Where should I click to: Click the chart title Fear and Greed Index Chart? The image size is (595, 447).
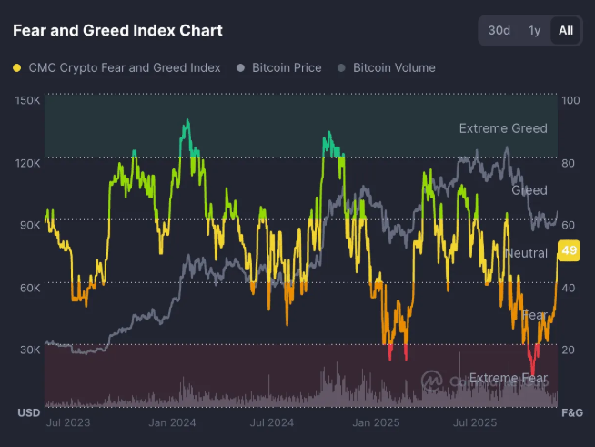[x=117, y=30]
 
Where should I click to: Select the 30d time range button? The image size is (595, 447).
[x=499, y=30]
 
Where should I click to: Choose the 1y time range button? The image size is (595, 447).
[x=534, y=30]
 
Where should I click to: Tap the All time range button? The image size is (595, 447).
[x=565, y=30]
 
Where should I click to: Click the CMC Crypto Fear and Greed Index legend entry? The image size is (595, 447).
[x=116, y=67]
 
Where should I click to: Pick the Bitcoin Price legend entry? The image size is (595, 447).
[x=281, y=67]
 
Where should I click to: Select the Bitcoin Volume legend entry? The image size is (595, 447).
[x=386, y=67]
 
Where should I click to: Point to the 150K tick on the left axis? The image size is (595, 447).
[x=28, y=100]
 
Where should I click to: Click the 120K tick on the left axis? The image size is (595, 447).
[x=28, y=163]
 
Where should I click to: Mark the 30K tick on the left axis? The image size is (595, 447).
[x=30, y=350]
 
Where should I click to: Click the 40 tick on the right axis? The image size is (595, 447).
[x=570, y=288]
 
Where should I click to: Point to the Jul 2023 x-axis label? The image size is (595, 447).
[x=67, y=422]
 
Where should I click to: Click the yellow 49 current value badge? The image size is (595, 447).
[x=570, y=250]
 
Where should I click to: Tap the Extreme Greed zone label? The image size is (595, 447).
[x=502, y=128]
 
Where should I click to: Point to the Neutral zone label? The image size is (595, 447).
[x=525, y=253]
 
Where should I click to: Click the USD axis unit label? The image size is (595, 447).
[x=28, y=412]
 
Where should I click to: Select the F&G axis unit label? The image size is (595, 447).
[x=570, y=412]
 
